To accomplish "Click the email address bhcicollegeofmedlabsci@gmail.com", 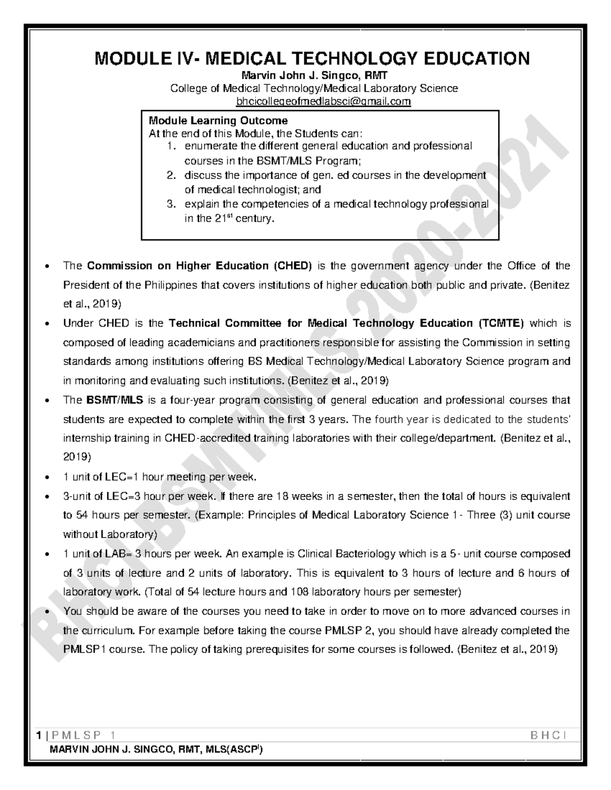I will [323, 102].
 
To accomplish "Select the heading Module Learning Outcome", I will [218, 121].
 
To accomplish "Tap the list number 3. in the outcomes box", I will [172, 204].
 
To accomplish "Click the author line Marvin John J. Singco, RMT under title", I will [314, 76].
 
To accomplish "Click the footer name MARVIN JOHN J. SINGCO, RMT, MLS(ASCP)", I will [156, 750].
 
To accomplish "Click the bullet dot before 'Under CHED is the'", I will [47, 324].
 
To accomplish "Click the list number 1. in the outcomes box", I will [172, 147].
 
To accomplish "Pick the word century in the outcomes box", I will [257, 219].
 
